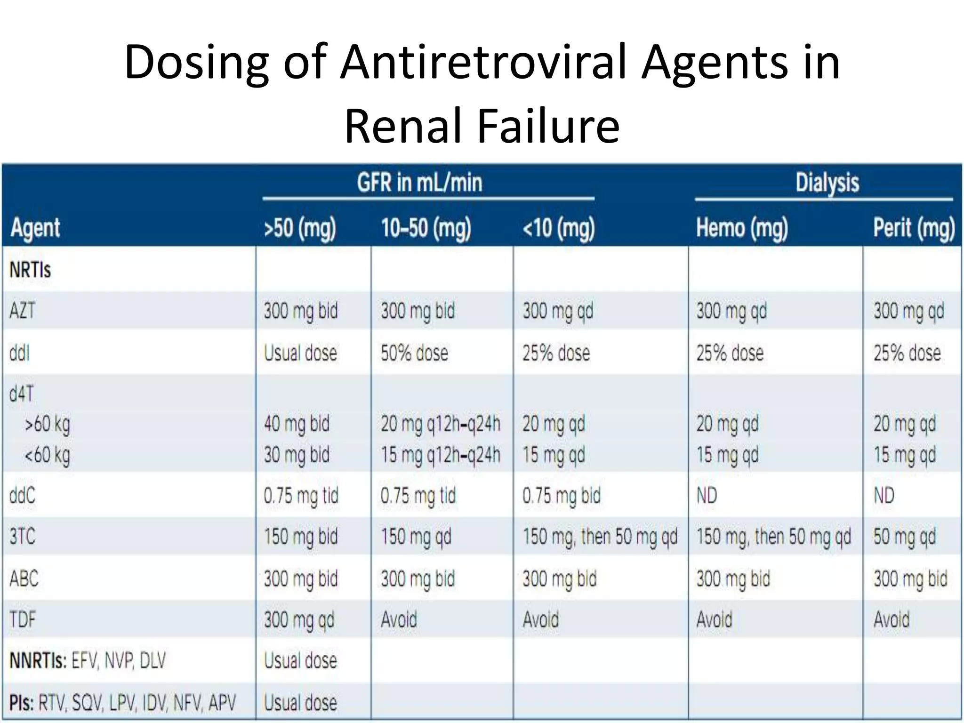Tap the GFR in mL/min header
[419, 183]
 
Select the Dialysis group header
[827, 183]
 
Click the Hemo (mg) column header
[742, 228]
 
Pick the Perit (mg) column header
[914, 228]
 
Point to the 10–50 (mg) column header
[426, 228]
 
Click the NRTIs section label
[30, 270]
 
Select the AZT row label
[22, 311]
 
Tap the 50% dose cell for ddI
[414, 353]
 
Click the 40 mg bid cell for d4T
[297, 424]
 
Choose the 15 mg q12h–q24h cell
[440, 455]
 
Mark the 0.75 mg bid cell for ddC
[561, 496]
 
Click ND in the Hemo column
[707, 496]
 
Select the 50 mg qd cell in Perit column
[904, 537]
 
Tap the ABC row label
[24, 578]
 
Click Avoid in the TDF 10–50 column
[399, 619]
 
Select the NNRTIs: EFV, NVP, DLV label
[88, 661]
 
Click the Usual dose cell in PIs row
[300, 703]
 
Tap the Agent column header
[35, 228]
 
